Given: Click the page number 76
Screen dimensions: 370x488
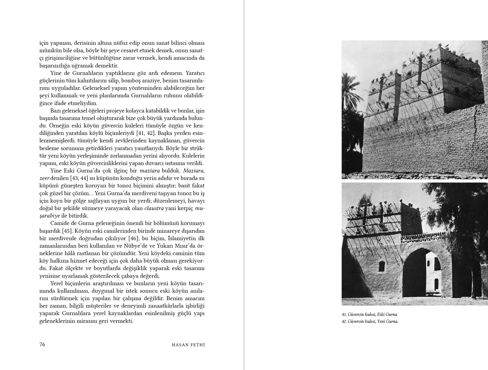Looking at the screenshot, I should click(x=42, y=344).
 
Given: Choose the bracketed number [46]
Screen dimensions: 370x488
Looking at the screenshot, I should click(x=134, y=238).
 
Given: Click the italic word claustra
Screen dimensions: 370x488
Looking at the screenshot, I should click(x=154, y=208).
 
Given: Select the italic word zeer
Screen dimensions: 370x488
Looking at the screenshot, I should click(x=45, y=178).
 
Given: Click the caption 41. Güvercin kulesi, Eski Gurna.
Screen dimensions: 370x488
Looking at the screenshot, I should click(x=370, y=315).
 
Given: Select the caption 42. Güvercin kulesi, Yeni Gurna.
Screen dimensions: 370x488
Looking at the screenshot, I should click(x=370, y=321).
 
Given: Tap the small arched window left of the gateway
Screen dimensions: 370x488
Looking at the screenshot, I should click(x=382, y=267).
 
